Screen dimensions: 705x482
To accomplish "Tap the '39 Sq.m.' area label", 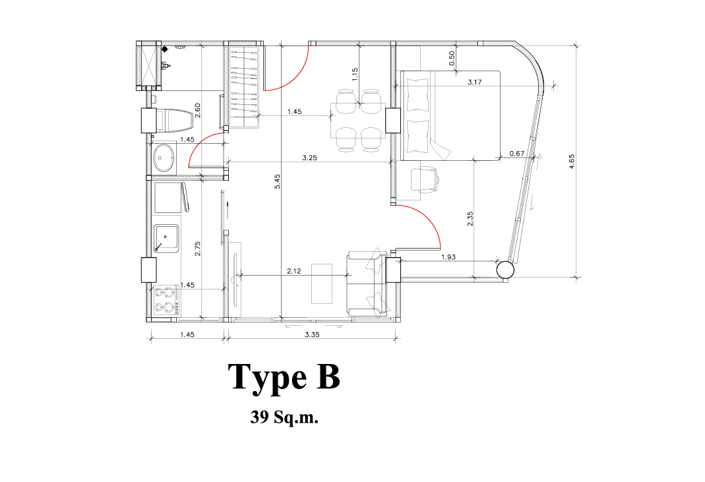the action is pyautogui.click(x=284, y=417).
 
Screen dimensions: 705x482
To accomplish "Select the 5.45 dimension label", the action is pyautogui.click(x=278, y=181).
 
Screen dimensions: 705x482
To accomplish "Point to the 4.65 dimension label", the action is pyautogui.click(x=572, y=162).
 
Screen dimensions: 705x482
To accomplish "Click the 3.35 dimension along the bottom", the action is pyautogui.click(x=312, y=334).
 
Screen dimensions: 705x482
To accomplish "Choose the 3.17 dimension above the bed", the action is pyautogui.click(x=475, y=82).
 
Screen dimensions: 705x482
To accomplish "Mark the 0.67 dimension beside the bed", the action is pyautogui.click(x=517, y=154).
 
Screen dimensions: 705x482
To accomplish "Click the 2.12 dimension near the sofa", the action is pyautogui.click(x=294, y=271).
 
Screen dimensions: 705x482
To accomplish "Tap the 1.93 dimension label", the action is pyautogui.click(x=448, y=256).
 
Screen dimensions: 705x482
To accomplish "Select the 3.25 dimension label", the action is pyautogui.click(x=310, y=158).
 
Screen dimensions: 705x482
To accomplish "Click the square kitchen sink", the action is pyautogui.click(x=166, y=238).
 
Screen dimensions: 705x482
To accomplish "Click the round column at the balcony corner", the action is pyautogui.click(x=505, y=270).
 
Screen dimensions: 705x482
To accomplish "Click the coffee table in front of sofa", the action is pyautogui.click(x=322, y=284).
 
